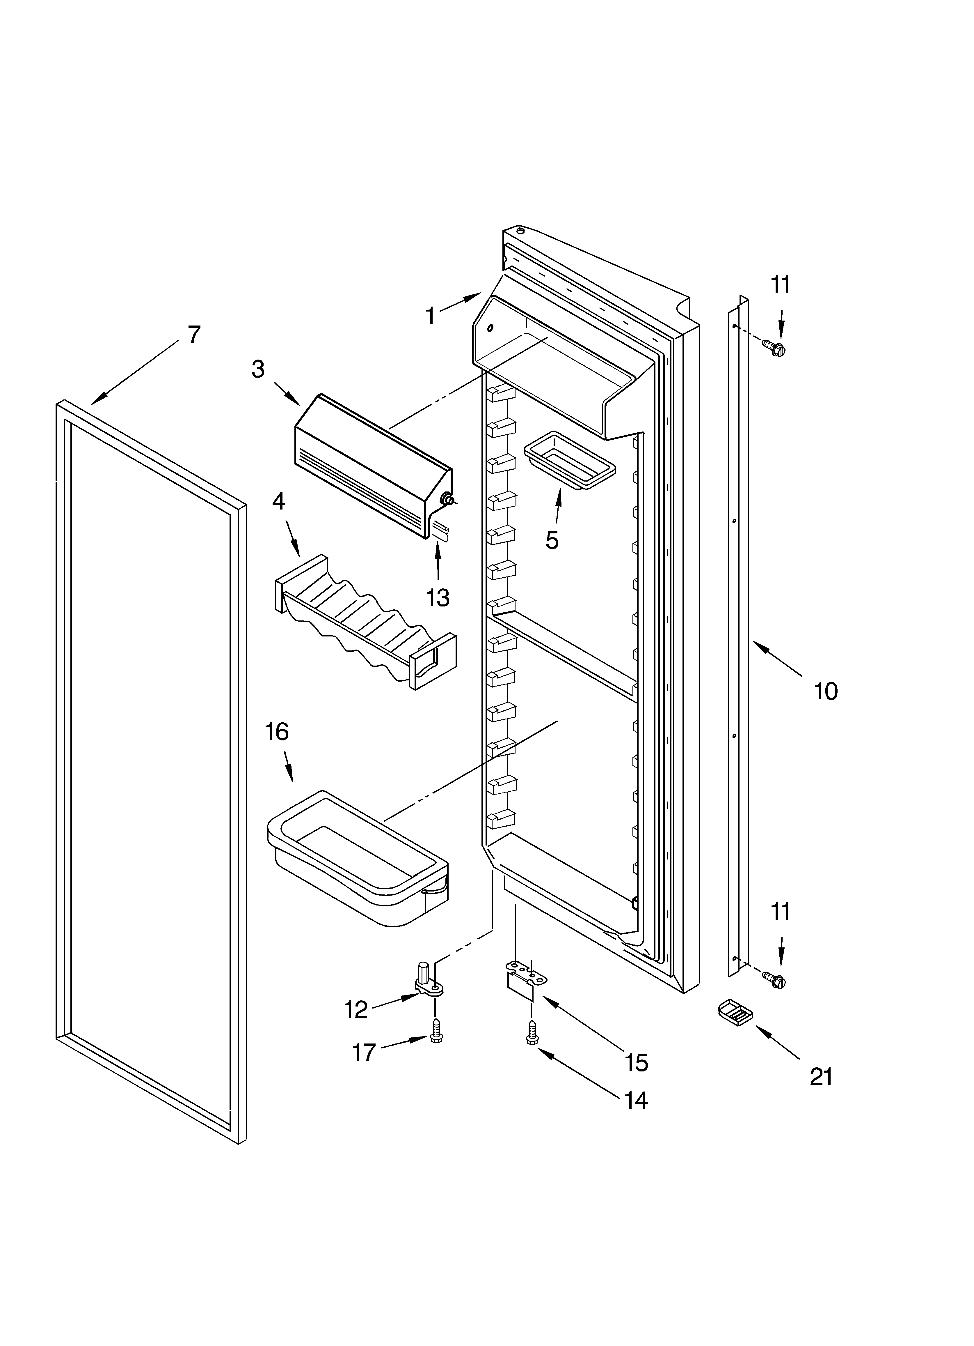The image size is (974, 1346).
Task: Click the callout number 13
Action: coord(438,598)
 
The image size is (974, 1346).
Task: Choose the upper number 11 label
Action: coord(781,285)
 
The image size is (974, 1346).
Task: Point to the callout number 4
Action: coord(278,501)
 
